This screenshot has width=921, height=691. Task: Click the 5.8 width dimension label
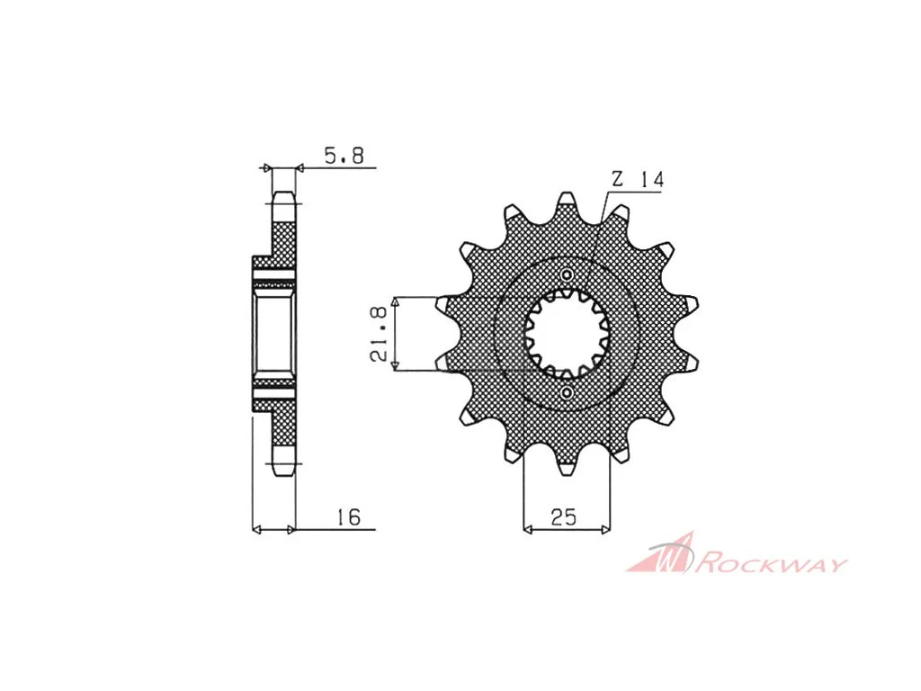click(344, 156)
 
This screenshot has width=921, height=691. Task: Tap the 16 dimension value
click(348, 517)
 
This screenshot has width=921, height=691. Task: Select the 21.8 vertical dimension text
click(379, 334)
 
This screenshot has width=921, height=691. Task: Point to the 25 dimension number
click(564, 517)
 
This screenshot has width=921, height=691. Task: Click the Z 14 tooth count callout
click(638, 179)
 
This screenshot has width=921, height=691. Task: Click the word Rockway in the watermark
click(771, 564)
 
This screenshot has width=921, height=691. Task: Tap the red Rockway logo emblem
click(660, 553)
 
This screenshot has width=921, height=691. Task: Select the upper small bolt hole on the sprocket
click(567, 275)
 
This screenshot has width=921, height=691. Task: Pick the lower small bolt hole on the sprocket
click(567, 392)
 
